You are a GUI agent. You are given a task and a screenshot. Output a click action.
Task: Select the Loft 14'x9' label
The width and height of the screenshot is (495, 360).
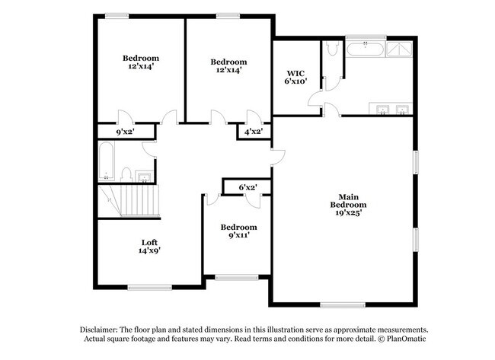click(149, 245)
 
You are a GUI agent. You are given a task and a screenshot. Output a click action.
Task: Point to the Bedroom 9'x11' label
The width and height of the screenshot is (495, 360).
click(238, 231)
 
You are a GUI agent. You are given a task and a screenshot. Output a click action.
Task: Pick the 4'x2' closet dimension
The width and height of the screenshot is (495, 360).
click(253, 132)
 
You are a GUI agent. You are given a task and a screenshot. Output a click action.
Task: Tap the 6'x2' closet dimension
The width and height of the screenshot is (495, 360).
click(247, 186)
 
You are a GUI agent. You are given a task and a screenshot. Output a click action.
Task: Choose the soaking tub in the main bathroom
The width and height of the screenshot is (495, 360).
click(366, 50)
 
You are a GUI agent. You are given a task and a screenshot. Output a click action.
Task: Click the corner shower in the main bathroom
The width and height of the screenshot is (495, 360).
click(401, 49)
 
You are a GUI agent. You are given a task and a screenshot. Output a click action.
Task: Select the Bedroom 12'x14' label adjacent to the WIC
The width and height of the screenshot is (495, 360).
click(228, 66)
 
